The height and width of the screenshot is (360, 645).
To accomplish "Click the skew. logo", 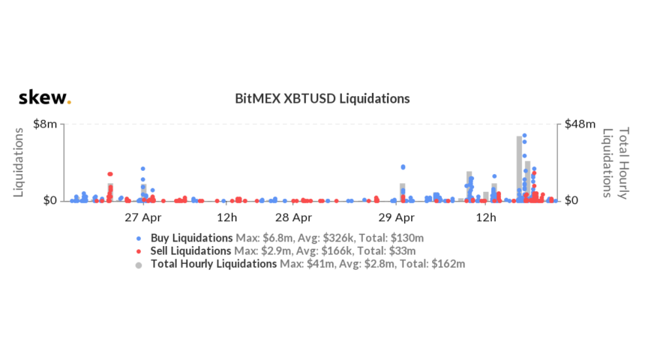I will (x=44, y=98).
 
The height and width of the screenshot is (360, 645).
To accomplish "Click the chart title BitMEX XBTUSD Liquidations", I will (x=322, y=98).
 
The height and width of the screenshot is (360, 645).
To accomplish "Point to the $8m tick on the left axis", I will (x=46, y=124).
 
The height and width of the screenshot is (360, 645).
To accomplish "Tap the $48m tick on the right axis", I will (x=580, y=124).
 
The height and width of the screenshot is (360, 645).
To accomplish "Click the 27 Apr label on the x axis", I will (x=142, y=218).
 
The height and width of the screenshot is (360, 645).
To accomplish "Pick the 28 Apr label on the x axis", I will (x=293, y=218).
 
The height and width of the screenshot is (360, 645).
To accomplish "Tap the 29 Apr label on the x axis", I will (x=396, y=218).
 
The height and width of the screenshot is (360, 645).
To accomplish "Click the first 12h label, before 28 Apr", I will (x=227, y=218).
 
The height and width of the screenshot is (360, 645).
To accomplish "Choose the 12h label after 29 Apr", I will (x=487, y=218).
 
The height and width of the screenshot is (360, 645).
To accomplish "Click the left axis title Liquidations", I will (x=20, y=161).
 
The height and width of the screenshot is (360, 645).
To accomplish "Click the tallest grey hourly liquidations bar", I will (x=519, y=169).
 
